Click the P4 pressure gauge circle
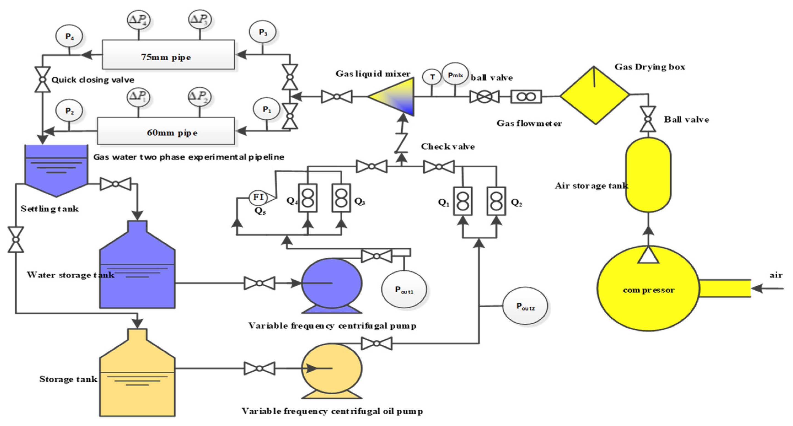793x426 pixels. tap(69, 36)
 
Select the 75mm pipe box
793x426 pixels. tap(168, 55)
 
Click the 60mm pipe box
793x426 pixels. tap(166, 131)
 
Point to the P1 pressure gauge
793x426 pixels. tap(266, 109)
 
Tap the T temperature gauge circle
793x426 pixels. tap(432, 77)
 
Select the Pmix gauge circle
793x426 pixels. tap(455, 74)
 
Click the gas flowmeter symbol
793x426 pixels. tap(526, 97)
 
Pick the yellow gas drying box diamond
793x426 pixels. tap(594, 95)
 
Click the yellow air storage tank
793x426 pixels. tap(648, 175)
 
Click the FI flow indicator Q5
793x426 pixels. tap(258, 197)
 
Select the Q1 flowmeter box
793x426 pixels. tap(463, 201)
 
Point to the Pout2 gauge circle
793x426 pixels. tap(525, 306)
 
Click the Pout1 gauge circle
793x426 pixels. tap(404, 289)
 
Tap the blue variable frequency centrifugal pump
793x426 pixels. tap(332, 284)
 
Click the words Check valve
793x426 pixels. tap(447, 146)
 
